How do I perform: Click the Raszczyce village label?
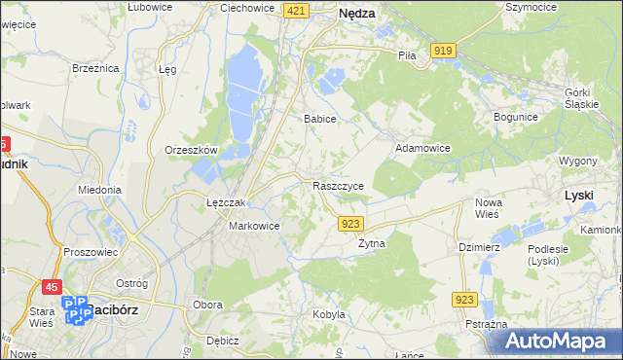coord(339,185)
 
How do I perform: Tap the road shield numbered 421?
coord(298,10)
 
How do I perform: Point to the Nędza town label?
coord(358,14)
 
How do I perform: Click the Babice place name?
coord(319,119)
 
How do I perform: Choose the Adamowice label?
coord(422,149)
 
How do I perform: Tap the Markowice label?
coord(254,226)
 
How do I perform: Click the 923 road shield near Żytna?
coord(352,224)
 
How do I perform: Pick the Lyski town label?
coord(579,195)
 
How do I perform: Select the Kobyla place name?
coord(329,314)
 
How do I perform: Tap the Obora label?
coord(207,306)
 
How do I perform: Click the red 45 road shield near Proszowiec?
coord(53,287)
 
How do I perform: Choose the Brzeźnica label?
coord(95,68)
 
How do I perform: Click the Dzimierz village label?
coord(479,247)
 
